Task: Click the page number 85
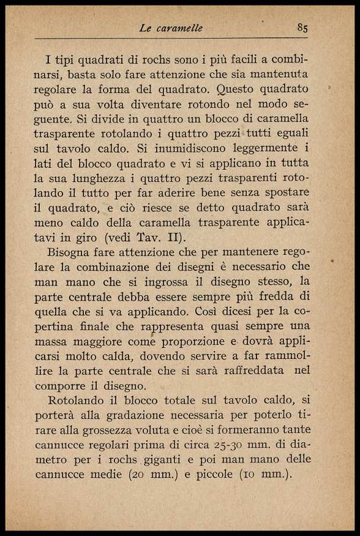[x=302, y=28]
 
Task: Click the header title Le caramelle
[x=171, y=28]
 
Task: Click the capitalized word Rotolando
[x=76, y=400]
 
